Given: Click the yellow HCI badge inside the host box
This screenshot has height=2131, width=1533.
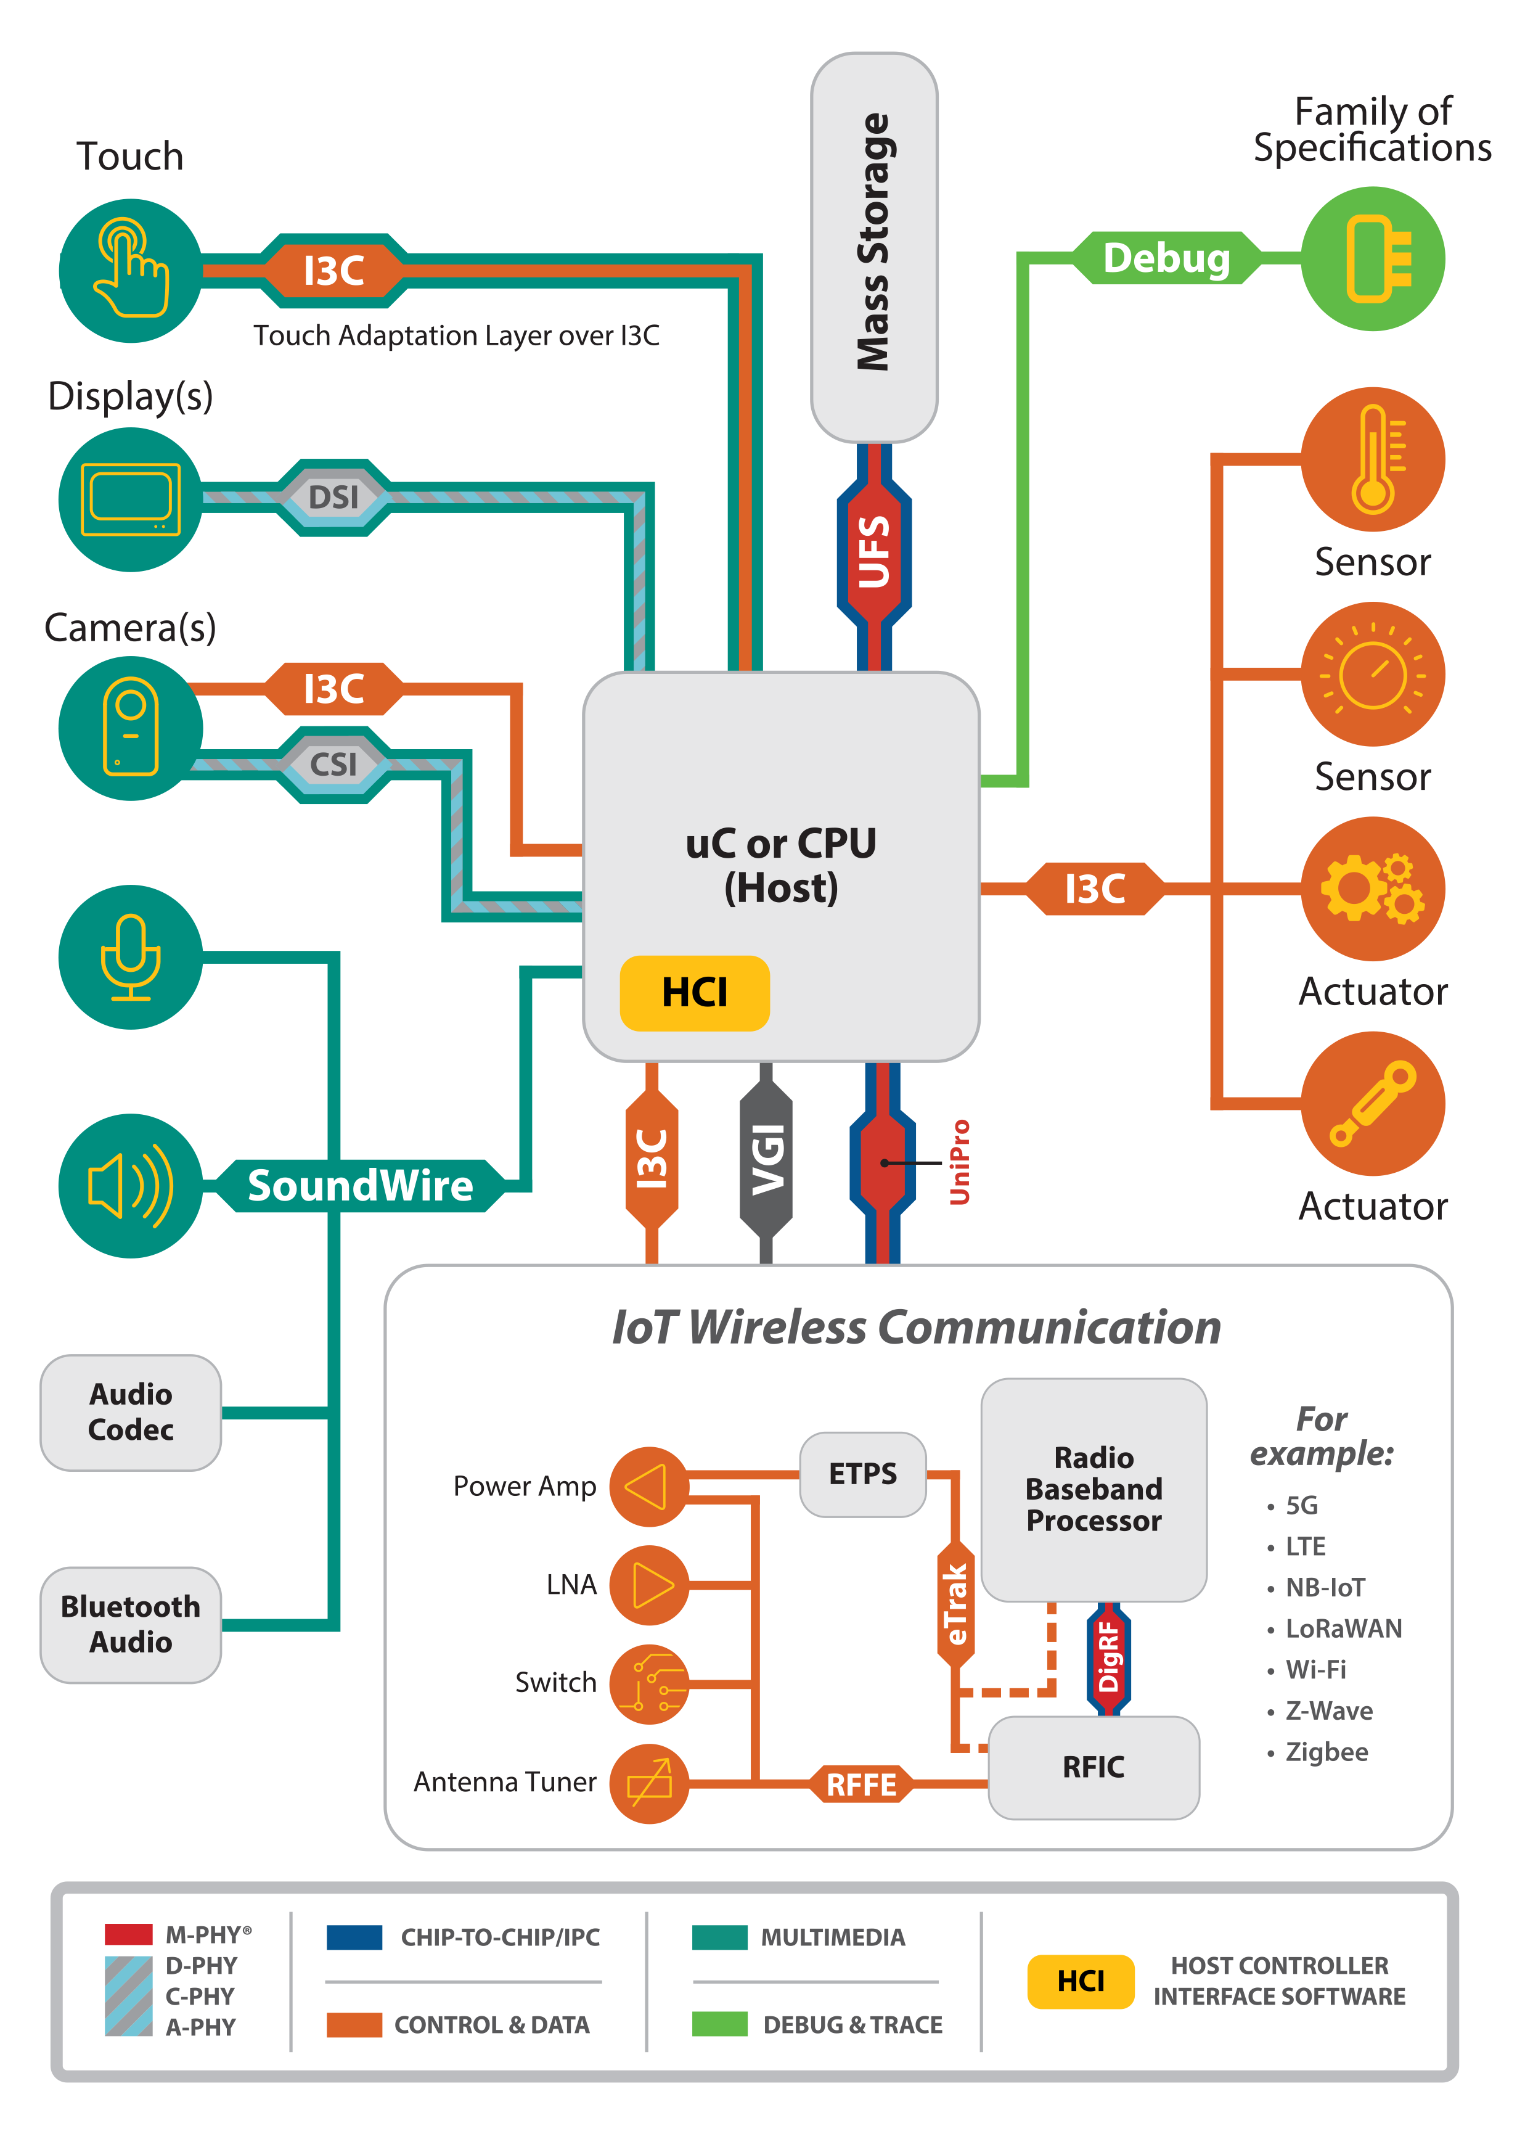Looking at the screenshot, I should click(x=694, y=993).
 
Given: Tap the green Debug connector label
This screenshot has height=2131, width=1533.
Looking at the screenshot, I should click(x=1166, y=258).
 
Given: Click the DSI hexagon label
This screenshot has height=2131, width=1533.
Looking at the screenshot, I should click(x=333, y=497).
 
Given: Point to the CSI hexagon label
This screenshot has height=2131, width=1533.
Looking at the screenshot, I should click(x=333, y=764).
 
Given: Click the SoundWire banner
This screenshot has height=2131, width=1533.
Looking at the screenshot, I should click(x=360, y=1186).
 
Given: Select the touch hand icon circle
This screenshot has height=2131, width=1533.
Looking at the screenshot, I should click(x=131, y=271).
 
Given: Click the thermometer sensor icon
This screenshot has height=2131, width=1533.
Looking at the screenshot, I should click(x=1372, y=459).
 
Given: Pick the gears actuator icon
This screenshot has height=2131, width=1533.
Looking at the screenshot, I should click(x=1372, y=889).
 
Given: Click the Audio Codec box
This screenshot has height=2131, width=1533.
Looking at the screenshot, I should click(x=131, y=1412).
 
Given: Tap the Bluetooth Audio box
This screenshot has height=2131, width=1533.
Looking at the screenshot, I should click(x=131, y=1625).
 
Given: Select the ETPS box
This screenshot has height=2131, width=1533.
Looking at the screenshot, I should click(x=862, y=1474).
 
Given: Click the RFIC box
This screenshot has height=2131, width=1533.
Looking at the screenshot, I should click(x=1094, y=1767).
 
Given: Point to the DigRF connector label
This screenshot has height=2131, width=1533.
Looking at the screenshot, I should click(x=1108, y=1657).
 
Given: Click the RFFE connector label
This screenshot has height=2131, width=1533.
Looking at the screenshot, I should click(x=861, y=1784).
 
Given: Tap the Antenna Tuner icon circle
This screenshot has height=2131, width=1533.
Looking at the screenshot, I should click(x=649, y=1783).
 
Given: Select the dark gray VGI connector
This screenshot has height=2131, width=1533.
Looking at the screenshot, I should click(x=767, y=1162).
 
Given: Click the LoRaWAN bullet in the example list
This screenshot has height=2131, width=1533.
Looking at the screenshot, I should click(x=1343, y=1628).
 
